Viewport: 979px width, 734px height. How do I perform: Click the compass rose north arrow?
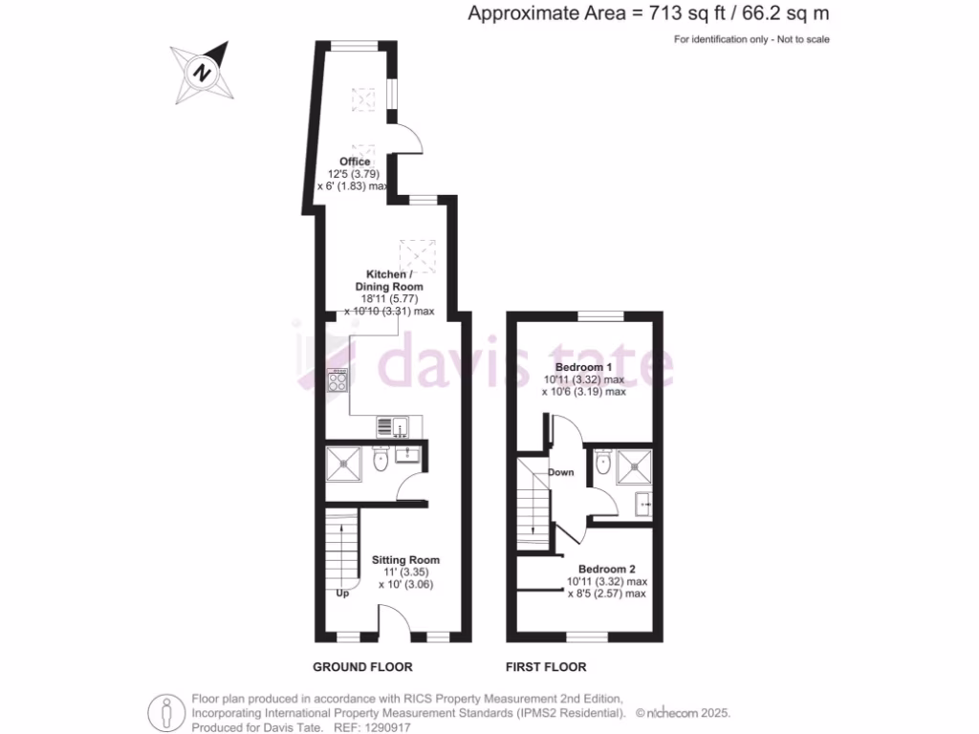pos(203,71)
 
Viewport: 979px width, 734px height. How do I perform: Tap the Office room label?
pos(354,162)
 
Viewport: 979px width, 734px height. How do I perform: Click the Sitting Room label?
pos(405,559)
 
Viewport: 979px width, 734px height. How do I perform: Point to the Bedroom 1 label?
pos(583,367)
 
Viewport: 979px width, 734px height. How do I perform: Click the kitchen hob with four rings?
pos(337,381)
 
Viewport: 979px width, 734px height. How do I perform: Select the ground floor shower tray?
pos(345,464)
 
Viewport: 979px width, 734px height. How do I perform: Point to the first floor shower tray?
pos(633,466)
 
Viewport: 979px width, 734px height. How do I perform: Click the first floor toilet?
pos(599,464)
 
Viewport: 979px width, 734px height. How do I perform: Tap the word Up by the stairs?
pos(342,593)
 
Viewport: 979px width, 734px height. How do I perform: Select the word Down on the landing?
pos(561,472)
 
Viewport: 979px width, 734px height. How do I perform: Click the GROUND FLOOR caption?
pos(362,666)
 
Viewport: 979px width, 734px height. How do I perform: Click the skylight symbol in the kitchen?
pos(418,254)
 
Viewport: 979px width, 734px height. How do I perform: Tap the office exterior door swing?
pos(409,140)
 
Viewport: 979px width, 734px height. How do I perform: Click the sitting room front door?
pos(394,626)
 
